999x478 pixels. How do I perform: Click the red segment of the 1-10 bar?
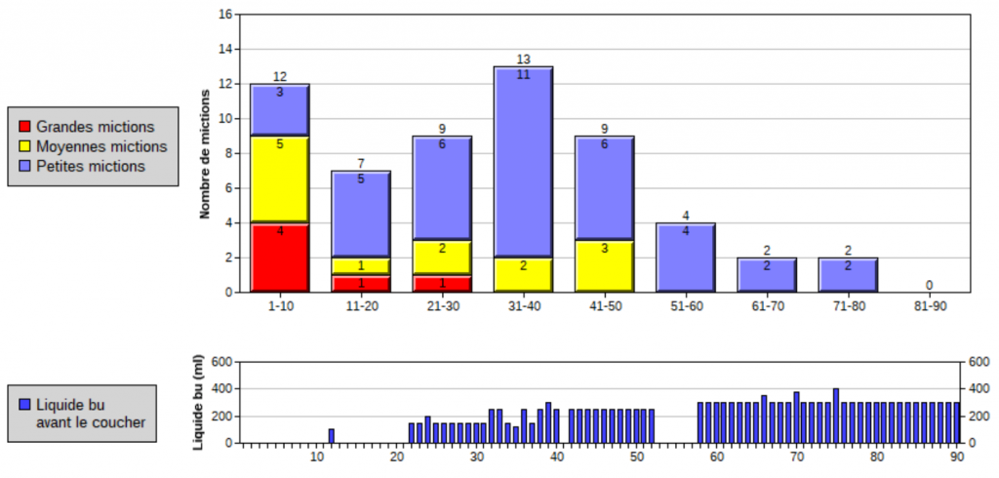[x=280, y=258]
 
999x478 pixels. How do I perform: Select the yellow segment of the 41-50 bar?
[x=605, y=266]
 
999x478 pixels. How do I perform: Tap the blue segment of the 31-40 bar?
[x=523, y=162]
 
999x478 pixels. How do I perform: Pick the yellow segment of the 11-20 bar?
[x=361, y=266]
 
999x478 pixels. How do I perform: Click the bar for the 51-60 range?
[x=686, y=258]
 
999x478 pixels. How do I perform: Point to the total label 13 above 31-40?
[x=523, y=60]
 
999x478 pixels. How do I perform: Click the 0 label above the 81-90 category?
[x=930, y=285]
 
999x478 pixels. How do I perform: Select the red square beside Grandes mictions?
[x=24, y=127]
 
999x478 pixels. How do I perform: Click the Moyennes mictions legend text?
[x=101, y=146]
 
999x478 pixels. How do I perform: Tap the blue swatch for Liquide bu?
[x=24, y=404]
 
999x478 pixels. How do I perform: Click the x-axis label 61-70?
[x=767, y=306]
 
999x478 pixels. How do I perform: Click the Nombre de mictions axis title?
[x=205, y=155]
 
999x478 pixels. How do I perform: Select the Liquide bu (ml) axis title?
[x=198, y=402]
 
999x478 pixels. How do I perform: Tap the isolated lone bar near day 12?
[x=332, y=436]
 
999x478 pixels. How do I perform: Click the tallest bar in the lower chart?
[x=836, y=416]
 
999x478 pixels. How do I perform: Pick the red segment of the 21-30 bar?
[x=442, y=284]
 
